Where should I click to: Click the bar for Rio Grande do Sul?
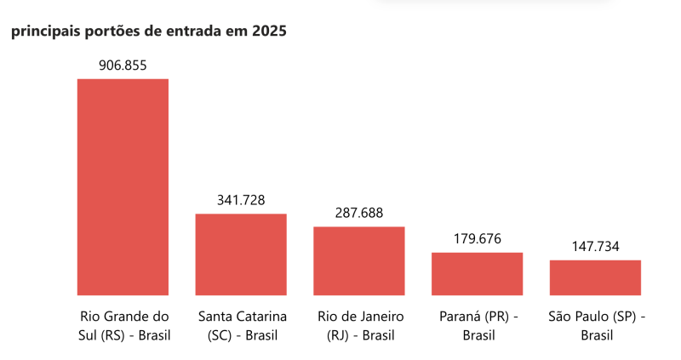point(123,186)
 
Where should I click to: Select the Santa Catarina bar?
point(241,254)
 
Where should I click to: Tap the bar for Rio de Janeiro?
point(358,260)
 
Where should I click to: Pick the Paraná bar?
point(477,273)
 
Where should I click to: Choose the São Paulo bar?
point(595,277)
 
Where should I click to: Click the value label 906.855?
point(123,66)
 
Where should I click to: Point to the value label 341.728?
point(241,200)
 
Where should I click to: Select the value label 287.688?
point(358,213)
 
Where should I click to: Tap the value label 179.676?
point(477,239)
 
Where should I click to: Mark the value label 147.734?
point(595,247)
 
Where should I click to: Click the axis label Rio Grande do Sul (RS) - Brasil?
point(123,325)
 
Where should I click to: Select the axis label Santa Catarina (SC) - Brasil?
point(242,325)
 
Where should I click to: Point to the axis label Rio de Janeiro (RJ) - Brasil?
point(360,325)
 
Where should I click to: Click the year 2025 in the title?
point(269,31)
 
